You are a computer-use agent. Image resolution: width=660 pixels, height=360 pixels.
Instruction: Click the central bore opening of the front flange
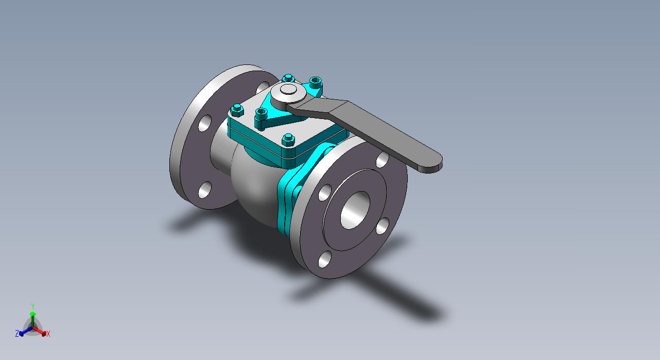pyautogui.click(x=355, y=210)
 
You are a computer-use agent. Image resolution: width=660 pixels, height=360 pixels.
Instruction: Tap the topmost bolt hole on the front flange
pyautogui.click(x=383, y=160)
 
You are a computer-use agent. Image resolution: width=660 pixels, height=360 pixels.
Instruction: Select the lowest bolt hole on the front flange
pyautogui.click(x=325, y=259)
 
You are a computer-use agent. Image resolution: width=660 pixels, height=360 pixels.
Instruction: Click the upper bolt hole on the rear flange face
pyautogui.click(x=205, y=123)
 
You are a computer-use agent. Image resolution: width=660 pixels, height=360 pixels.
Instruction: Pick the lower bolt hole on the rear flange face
pyautogui.click(x=205, y=190)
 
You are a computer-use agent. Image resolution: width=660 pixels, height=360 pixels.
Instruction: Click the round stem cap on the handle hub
pyautogui.click(x=288, y=89)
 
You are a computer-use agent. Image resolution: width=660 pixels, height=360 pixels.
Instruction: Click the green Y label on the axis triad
pyautogui.click(x=33, y=306)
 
